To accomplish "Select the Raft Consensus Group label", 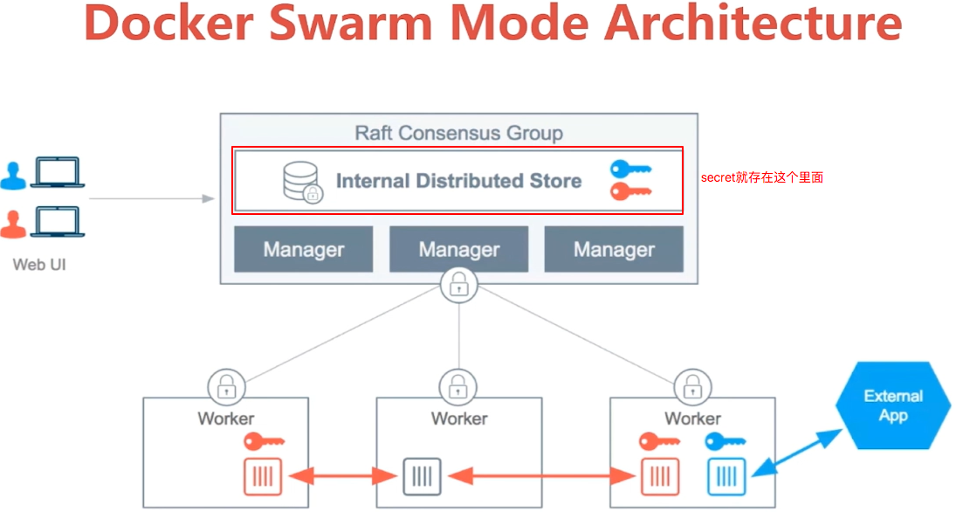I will point(458,133).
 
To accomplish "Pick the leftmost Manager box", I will point(303,250).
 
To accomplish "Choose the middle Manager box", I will point(458,250).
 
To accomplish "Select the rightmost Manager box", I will point(614,250).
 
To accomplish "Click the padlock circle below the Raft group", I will point(458,285).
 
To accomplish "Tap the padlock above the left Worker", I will point(225,385).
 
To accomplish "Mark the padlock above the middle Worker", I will point(458,385).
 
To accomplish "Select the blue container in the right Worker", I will point(726,476).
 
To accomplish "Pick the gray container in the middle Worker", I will point(422,476).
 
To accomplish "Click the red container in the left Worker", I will point(262,476).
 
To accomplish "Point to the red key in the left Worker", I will point(264,441).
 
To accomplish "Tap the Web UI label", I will point(39,263).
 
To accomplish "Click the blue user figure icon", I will point(14,174).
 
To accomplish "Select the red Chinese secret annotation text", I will point(761,177).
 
